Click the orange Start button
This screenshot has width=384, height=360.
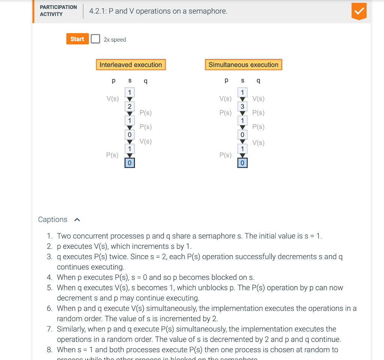click(77, 39)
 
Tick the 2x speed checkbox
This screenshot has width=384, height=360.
click(96, 39)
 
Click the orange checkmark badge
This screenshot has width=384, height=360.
click(359, 12)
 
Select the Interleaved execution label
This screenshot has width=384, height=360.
click(130, 64)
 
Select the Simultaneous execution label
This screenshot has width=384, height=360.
click(243, 64)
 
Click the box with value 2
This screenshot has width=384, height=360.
click(130, 106)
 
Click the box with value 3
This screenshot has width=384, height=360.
click(242, 106)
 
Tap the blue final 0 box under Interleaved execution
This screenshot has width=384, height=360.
click(130, 163)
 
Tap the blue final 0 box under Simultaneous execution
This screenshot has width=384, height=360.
click(242, 163)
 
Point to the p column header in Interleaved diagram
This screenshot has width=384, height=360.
click(114, 80)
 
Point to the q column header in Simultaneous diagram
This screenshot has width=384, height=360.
click(258, 80)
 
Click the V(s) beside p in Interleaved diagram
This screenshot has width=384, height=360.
click(112, 99)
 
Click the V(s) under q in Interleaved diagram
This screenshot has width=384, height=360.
click(145, 141)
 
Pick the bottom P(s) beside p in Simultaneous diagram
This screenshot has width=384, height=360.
click(225, 154)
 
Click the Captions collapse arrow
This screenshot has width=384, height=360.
click(77, 220)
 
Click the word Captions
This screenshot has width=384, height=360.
click(53, 219)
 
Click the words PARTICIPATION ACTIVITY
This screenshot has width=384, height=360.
click(58, 10)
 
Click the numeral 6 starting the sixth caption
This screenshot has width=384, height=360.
click(49, 308)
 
